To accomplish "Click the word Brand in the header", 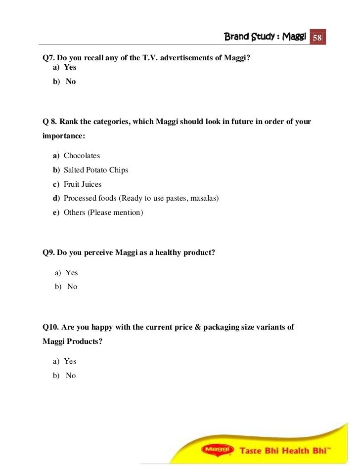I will coord(236,37).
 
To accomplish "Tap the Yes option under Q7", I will coord(70,67).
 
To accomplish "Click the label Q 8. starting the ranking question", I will coord(50,122).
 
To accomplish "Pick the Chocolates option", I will coord(82,156).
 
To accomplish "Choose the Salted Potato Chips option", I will coord(95,170).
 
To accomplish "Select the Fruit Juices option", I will coord(82,184).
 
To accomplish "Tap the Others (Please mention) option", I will coord(103,212).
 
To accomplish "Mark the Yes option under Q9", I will coord(72,273).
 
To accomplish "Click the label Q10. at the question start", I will coord(51,327).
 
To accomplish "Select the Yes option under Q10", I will coord(70,361).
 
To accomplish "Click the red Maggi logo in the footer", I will coord(216,449).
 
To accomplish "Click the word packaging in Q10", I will coord(233,327).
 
